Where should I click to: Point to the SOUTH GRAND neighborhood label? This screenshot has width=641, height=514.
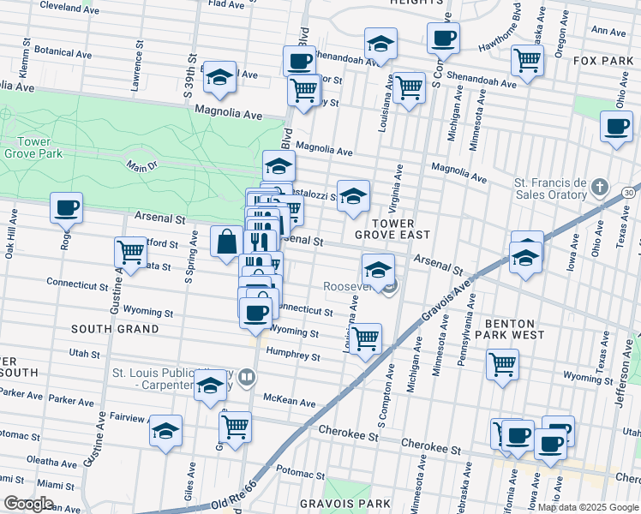(x=115, y=329)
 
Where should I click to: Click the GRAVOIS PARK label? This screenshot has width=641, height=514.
(x=345, y=503)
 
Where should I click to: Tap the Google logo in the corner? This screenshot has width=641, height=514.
(x=27, y=504)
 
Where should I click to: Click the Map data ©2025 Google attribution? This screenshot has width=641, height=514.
(x=587, y=507)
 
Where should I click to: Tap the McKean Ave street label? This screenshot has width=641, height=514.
(x=290, y=400)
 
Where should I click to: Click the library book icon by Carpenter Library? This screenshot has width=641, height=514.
(x=248, y=377)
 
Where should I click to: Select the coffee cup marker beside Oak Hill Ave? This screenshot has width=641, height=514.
(x=66, y=207)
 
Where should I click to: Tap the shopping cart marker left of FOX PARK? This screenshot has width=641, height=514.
(x=527, y=59)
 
